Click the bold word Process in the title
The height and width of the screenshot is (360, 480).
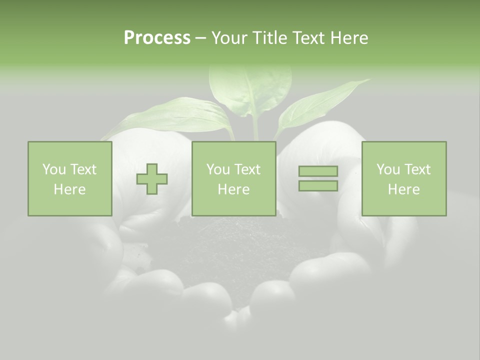[157, 38]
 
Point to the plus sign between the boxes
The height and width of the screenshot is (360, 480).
[152, 179]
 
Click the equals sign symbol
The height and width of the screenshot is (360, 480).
[318, 178]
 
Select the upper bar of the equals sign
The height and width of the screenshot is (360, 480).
[318, 171]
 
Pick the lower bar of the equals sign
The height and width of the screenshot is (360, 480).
[318, 185]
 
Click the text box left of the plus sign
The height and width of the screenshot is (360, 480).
[70, 178]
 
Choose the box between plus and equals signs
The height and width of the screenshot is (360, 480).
[233, 178]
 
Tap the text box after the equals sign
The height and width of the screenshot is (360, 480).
[403, 178]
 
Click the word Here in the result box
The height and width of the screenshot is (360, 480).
[403, 189]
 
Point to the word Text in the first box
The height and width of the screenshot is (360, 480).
[83, 169]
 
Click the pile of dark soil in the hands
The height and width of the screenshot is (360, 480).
[235, 250]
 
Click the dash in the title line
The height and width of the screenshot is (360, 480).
[200, 38]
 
